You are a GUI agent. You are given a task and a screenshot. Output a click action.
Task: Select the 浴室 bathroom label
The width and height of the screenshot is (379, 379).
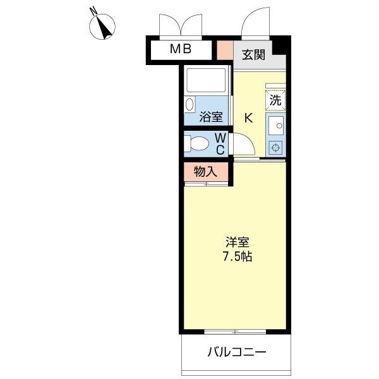pyautogui.click(x=211, y=117)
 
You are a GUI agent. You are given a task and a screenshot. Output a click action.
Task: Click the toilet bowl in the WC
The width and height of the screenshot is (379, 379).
pyautogui.click(x=196, y=143)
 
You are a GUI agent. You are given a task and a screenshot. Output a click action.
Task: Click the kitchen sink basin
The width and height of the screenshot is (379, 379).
pyautogui.click(x=276, y=126)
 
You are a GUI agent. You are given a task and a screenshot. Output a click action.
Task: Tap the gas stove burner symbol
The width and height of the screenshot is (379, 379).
pyautogui.click(x=276, y=148)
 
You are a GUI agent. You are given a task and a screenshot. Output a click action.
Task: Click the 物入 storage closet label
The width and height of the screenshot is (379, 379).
pyautogui.click(x=205, y=171)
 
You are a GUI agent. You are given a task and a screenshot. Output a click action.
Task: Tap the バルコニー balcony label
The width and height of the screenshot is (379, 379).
pyautogui.click(x=237, y=352)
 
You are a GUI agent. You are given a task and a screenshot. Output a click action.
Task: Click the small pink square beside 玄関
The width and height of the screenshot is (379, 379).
pyautogui.click(x=225, y=49)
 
